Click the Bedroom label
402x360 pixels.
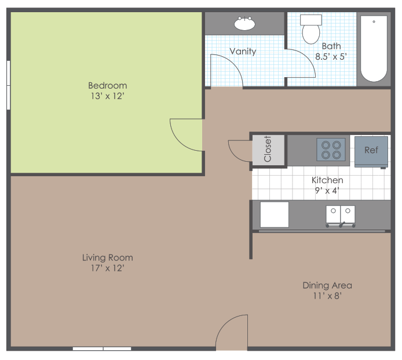point(107,86)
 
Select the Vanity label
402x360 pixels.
point(243,52)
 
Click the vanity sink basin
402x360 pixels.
point(244,24)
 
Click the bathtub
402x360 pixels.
point(374,49)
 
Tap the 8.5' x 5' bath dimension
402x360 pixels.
point(331,57)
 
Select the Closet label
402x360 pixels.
point(268,149)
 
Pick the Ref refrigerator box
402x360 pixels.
point(371,151)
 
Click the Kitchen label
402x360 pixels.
point(327,180)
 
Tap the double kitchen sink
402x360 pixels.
point(341,214)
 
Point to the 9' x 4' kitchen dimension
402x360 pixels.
point(327,190)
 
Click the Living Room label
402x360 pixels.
point(107,257)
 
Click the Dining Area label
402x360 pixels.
point(327,285)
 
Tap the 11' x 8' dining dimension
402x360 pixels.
point(327,296)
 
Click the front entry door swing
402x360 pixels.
point(232,333)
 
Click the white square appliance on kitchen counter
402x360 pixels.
point(274,214)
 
